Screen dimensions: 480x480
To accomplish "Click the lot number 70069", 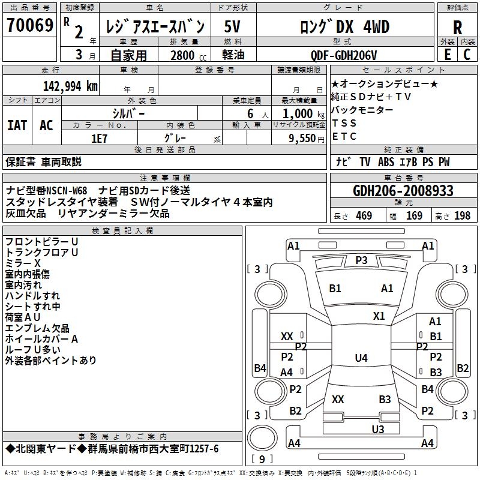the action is [29, 26].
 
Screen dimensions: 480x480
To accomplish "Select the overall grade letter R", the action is [457, 27].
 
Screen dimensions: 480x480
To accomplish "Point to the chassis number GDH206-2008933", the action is [403, 191].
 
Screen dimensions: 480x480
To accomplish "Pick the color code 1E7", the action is [99, 137].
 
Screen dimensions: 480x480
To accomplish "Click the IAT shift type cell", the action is [17, 125].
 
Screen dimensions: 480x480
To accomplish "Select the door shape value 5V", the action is [233, 27].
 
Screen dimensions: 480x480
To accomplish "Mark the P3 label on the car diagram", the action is [361, 260].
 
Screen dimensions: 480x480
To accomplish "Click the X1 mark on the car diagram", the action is [379, 316].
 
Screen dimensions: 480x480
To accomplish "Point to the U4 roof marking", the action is [361, 358].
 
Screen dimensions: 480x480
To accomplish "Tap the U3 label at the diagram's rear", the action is [377, 429].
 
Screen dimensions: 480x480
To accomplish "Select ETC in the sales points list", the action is [344, 136].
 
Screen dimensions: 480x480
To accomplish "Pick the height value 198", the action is [462, 216].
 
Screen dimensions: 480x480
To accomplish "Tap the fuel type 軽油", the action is [233, 56].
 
